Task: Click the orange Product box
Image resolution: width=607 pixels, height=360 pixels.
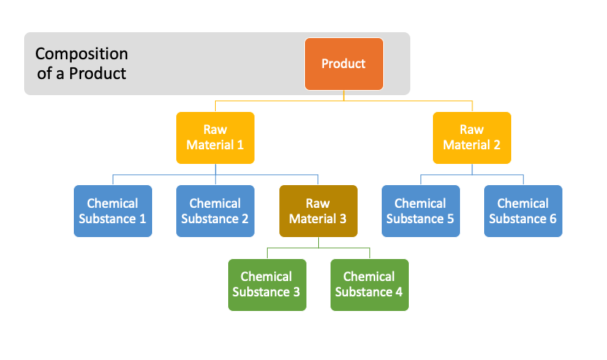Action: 344,64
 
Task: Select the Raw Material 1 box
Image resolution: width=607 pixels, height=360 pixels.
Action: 215,138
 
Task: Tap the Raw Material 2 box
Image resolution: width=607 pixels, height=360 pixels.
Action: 472,138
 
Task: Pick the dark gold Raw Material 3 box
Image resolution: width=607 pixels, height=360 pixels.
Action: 318,211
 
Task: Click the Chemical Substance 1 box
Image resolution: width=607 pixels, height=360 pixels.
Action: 113,211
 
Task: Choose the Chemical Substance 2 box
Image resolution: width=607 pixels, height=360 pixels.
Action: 215,211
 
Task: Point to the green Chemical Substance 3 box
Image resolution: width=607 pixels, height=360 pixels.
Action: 267,285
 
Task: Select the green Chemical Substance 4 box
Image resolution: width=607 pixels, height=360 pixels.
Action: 370,285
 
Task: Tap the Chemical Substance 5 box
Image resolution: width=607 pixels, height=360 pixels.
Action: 421,211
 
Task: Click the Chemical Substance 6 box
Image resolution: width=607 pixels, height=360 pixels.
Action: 523,211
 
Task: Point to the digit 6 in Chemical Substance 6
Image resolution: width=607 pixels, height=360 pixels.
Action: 553,219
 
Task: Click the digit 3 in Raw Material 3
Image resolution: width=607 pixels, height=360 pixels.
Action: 343,219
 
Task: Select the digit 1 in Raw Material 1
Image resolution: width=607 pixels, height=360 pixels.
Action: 241,145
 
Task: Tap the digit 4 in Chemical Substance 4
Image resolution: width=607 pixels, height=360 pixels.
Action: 399,292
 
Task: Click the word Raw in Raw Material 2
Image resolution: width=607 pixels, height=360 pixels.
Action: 472,130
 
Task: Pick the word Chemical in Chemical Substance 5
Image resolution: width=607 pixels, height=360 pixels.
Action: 421,203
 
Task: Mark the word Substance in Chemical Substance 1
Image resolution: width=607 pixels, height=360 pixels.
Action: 108,219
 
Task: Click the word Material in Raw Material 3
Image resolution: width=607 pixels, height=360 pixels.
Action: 313,219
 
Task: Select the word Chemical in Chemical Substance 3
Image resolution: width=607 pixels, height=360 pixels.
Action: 266,277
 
